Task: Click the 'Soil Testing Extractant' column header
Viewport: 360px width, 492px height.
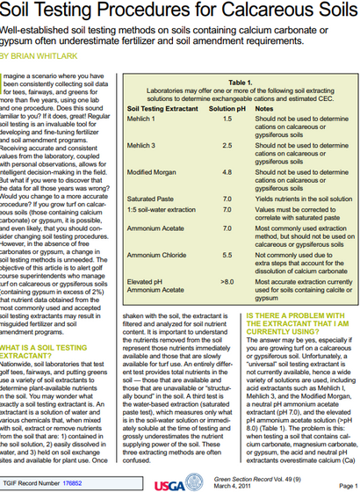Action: pyautogui.click(x=163, y=107)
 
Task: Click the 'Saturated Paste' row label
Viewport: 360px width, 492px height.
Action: pyautogui.click(x=150, y=199)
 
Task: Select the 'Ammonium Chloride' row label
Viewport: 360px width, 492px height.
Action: pyautogui.click(x=156, y=255)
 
